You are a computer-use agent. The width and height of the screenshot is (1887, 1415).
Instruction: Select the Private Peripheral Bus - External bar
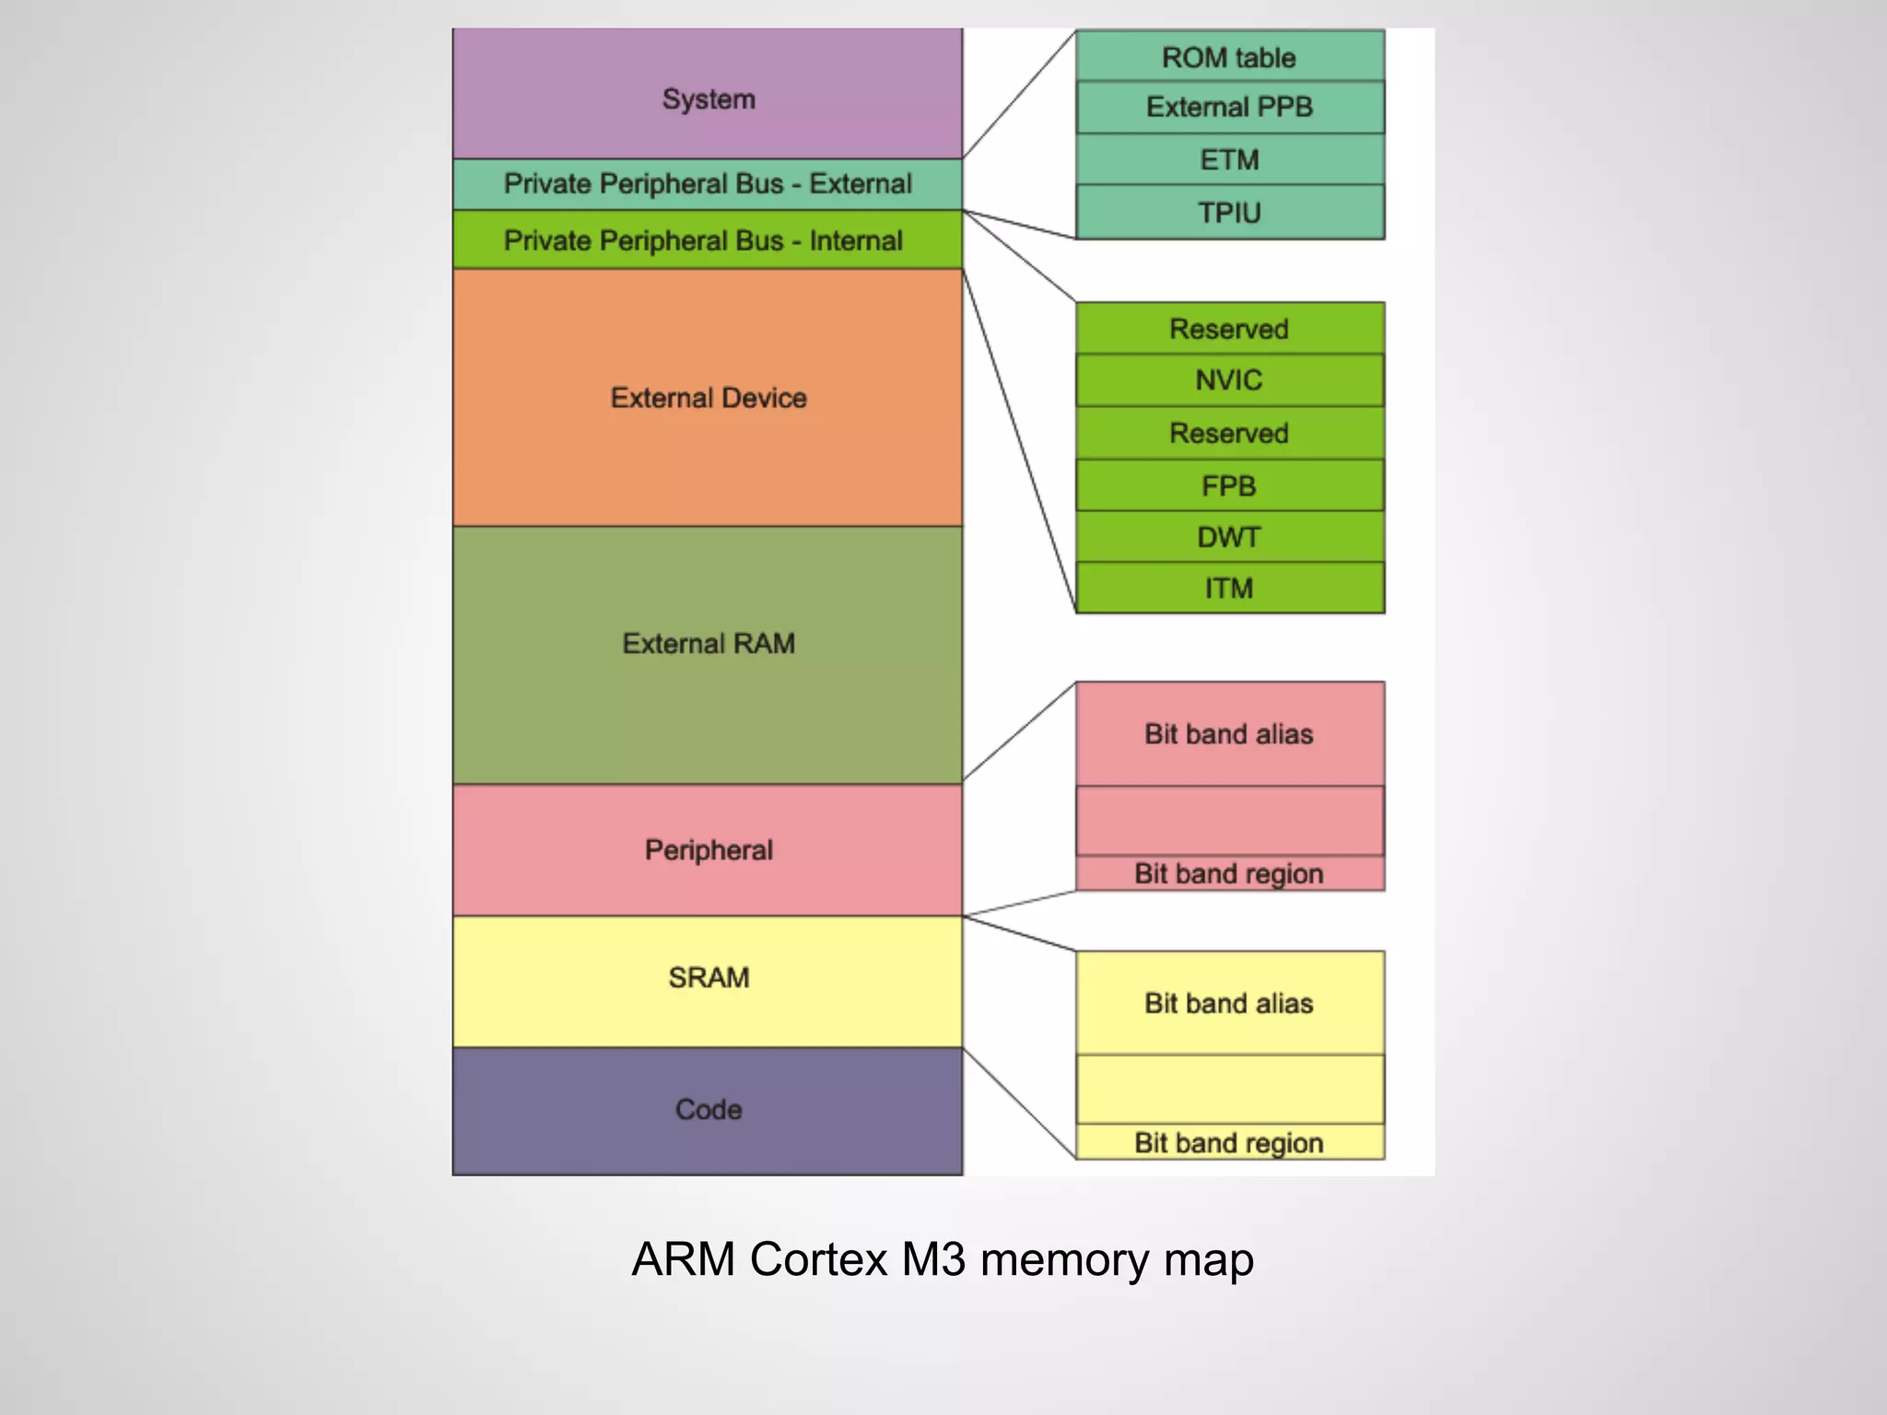point(708,184)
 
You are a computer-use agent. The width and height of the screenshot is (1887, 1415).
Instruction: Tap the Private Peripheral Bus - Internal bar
point(704,240)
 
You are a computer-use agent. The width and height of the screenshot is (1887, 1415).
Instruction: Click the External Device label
point(709,398)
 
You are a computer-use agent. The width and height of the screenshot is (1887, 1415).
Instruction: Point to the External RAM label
point(709,643)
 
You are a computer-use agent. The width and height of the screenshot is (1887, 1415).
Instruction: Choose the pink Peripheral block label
point(709,849)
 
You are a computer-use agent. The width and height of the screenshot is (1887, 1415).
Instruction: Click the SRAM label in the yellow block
point(709,977)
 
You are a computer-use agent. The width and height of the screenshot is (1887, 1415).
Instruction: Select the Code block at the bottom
point(709,1109)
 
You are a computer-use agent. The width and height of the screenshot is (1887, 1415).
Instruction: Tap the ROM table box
point(1229,57)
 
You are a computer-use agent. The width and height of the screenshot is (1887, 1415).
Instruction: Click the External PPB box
point(1229,107)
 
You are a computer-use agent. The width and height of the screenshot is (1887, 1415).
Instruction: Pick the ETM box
point(1229,159)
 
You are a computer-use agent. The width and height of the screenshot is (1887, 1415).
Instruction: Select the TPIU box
point(1229,213)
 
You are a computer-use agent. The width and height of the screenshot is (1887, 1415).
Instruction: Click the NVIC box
point(1229,380)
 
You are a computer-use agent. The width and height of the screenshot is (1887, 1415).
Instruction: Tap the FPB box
point(1229,485)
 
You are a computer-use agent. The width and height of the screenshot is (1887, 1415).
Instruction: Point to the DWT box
point(1229,537)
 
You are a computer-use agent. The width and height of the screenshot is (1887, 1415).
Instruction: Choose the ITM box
point(1229,588)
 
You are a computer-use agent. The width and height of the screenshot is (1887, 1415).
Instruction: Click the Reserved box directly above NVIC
point(1229,329)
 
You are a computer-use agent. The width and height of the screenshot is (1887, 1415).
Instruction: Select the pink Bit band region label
point(1229,873)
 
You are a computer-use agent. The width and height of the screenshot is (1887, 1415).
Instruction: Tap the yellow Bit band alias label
point(1229,1003)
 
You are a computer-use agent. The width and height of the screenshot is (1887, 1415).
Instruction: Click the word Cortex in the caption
point(818,1259)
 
